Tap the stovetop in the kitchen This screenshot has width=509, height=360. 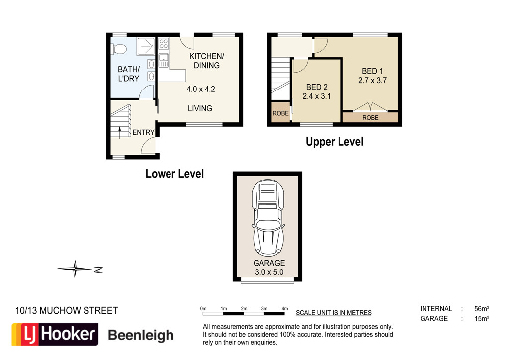tap(163, 43)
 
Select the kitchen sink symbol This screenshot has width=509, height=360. tap(163, 60)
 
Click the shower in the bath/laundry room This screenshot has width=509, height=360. tap(146, 46)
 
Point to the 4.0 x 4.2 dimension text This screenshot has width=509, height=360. tap(201, 89)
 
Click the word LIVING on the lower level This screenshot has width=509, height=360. tap(200, 108)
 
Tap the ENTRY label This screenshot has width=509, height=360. tap(143, 132)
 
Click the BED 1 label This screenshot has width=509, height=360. tap(372, 71)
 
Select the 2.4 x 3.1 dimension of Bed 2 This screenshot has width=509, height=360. tap(317, 96)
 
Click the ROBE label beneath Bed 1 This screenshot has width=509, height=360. tap(370, 118)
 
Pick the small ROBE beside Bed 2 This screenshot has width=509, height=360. tap(280, 113)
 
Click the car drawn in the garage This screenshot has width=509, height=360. tap(268, 217)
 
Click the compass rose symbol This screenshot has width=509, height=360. tap(76, 269)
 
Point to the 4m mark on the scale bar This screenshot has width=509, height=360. tap(285, 309)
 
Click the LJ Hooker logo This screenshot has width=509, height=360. tap(55, 334)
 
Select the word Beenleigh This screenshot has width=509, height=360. tap(141, 335)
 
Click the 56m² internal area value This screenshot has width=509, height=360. tap(481, 309)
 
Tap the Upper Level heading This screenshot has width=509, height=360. tap(335, 142)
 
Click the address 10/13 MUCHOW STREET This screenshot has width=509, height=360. tap(67, 311)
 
